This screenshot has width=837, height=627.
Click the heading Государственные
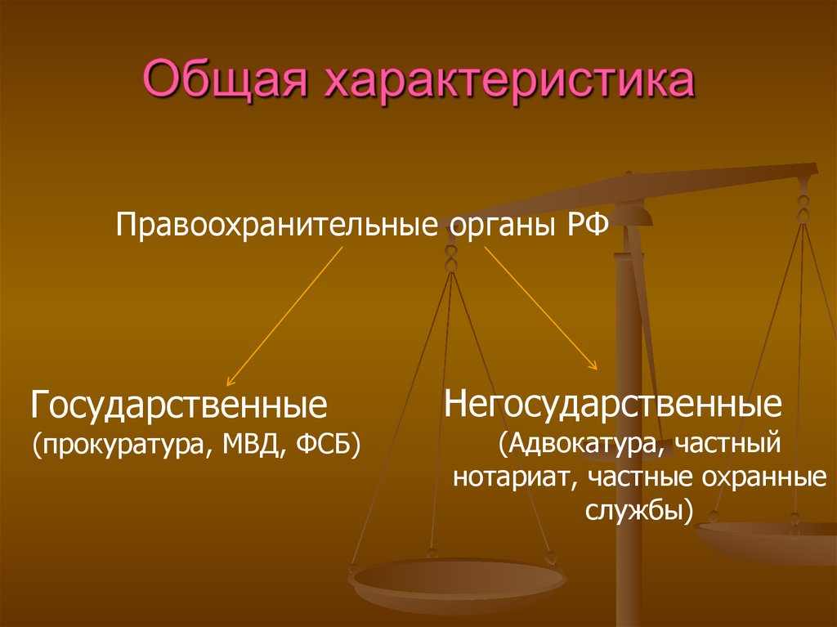click(179, 405)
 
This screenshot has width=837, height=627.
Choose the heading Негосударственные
click(613, 403)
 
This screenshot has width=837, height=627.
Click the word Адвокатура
click(583, 446)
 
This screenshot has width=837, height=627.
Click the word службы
click(638, 510)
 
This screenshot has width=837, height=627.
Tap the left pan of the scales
click(458, 582)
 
